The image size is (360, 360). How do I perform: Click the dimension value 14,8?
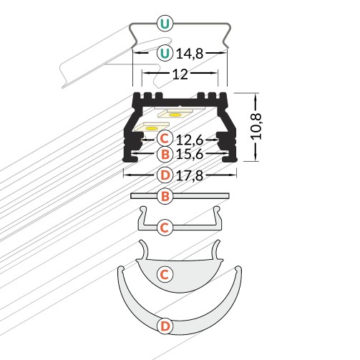coord(190,54)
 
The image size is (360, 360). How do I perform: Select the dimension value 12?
coord(180,74)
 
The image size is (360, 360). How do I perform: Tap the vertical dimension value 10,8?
coord(257,127)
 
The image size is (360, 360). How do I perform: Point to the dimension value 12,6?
coord(190,140)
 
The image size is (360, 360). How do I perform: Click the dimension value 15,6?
coord(190,154)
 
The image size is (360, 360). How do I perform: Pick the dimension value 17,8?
coord(190,176)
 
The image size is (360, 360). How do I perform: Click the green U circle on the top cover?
coord(165,24)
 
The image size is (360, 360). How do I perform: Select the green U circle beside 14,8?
coord(165,53)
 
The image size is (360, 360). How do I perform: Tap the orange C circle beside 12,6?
coord(165,138)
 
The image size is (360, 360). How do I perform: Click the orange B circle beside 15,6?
coord(165,154)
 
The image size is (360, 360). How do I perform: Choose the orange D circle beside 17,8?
coord(165,175)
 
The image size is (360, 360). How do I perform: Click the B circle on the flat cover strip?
coord(165,196)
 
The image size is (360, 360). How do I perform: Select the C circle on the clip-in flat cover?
coord(165,228)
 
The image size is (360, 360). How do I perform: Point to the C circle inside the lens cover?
coord(165,275)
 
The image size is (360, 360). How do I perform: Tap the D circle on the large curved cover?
coord(165,326)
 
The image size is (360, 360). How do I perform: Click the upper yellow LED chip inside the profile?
coord(175,115)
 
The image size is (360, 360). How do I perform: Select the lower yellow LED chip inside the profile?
coord(151,129)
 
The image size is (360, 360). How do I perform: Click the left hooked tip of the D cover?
coord(121,268)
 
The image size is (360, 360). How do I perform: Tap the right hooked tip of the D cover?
coord(238,268)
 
